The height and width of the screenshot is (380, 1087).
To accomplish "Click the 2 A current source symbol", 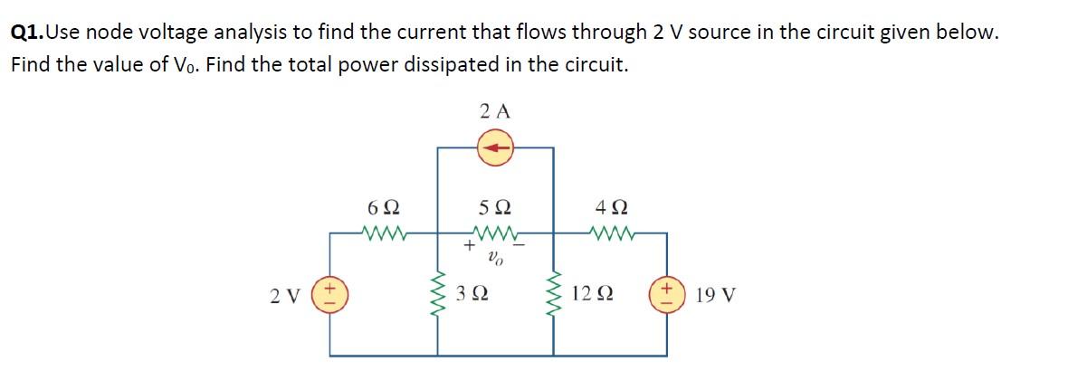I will click(495, 147).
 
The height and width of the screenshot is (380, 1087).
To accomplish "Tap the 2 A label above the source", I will click(495, 111).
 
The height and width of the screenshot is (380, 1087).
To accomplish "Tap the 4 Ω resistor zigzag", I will click(612, 234).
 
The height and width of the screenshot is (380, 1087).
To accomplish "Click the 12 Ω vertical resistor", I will click(554, 294).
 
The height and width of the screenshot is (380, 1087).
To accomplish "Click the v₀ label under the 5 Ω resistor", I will click(494, 257).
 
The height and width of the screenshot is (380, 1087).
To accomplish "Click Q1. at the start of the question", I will click(26, 33).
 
